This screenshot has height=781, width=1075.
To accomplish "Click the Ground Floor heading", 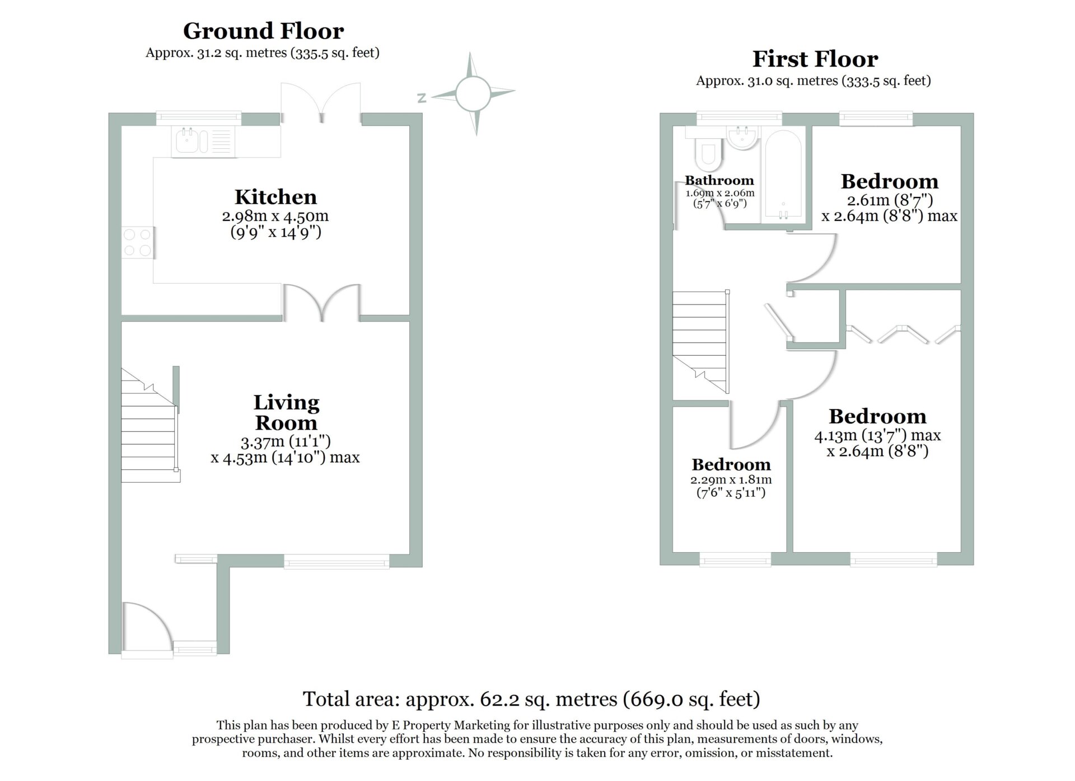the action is pos(263,31).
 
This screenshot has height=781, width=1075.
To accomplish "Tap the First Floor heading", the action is pos(815,59).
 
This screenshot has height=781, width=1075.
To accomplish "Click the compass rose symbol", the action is pos(473,94).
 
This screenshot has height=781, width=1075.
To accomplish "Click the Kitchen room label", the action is pos(275,197).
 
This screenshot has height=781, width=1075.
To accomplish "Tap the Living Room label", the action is pos(286,412).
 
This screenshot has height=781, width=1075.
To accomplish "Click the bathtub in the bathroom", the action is pos(783,175).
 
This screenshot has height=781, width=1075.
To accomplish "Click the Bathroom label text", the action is pos(719,180).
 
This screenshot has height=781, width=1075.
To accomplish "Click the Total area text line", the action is pos(531,699).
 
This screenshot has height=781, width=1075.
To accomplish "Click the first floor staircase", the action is pos(701,342).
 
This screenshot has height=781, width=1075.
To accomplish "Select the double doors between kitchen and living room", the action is pos(322,303).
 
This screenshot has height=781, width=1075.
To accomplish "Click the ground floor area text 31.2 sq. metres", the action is pos(263,53).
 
